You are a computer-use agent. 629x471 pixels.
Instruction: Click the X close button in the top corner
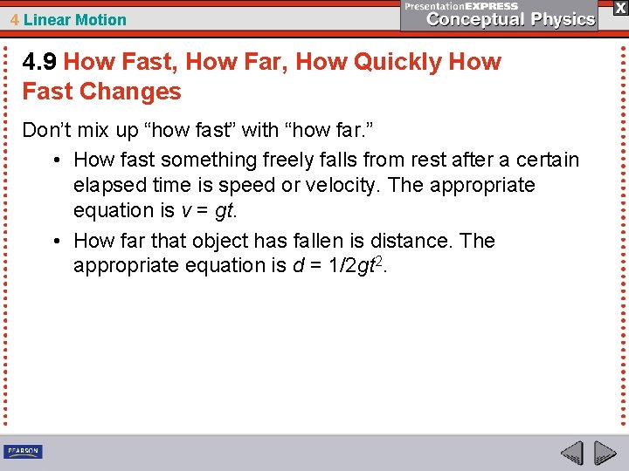coord(619,8)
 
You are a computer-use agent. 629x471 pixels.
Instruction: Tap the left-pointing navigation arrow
coord(571,454)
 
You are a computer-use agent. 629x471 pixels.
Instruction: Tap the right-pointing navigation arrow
coord(605,454)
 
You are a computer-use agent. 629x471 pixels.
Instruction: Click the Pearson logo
coord(23,452)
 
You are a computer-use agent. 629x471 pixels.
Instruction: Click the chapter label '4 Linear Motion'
coord(68,20)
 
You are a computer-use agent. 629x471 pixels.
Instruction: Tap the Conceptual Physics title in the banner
coord(511,19)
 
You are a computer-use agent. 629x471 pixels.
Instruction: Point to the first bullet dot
coord(55,160)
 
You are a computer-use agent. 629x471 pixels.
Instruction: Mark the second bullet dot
coord(55,241)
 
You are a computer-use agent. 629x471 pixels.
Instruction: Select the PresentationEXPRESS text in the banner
coord(461,6)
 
